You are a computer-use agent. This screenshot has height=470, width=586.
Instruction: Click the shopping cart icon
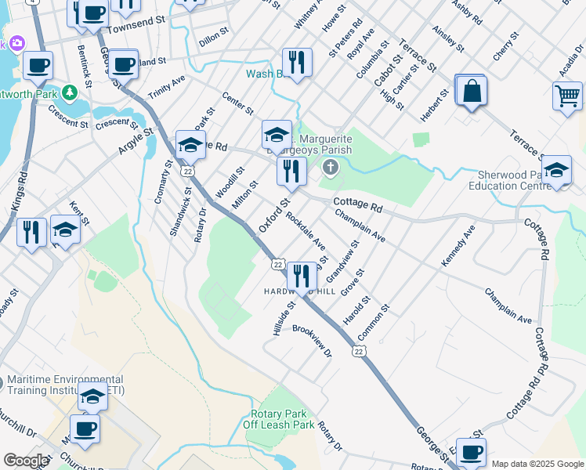tap(568, 97)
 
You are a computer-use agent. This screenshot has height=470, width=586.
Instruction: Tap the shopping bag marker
tap(471, 92)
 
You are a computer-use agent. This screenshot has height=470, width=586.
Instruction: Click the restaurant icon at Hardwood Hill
tap(301, 276)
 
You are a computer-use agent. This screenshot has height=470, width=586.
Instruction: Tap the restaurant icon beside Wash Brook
tap(297, 62)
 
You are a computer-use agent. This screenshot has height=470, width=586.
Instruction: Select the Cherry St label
tap(506, 46)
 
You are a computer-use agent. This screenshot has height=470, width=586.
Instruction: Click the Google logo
tap(26, 461)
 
